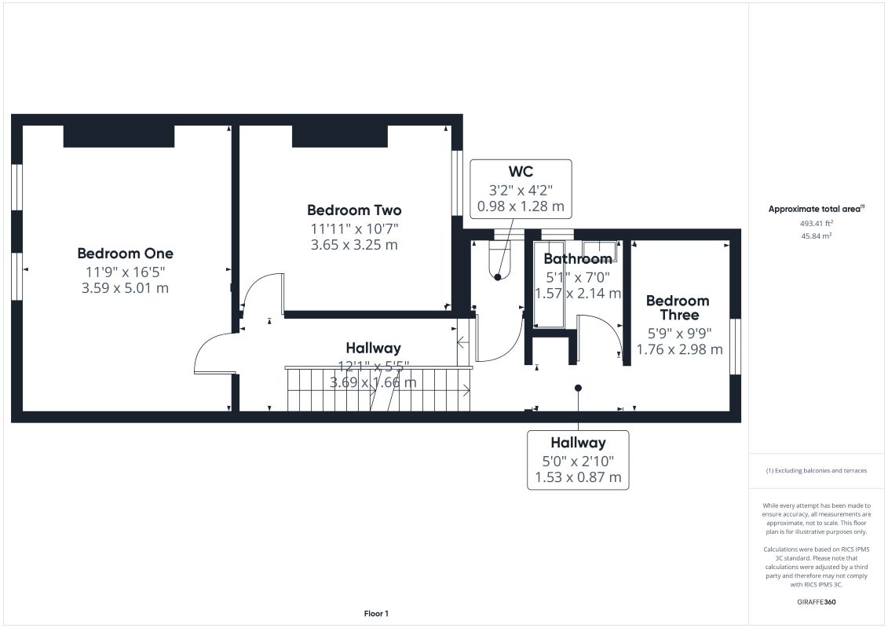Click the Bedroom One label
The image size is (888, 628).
coord(125,253)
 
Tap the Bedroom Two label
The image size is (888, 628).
coord(354,210)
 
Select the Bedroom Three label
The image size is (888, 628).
coord(678,308)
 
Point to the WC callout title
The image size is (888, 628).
coord(521,171)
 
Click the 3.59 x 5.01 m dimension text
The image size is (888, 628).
coord(125,287)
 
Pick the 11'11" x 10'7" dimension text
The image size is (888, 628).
coord(355,228)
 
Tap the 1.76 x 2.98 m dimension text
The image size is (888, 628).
coord(680,349)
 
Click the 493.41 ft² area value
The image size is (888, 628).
coord(816,223)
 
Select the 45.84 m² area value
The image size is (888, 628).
coord(816,235)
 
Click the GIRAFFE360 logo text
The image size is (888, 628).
coord(816,602)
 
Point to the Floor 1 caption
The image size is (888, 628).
coord(376,613)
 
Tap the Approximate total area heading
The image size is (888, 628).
coord(816,209)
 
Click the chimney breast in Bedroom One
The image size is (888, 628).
coord(119,136)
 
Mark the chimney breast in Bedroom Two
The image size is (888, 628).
coord(340,136)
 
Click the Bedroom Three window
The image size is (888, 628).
coord(735,346)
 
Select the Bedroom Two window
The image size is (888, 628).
coord(457,183)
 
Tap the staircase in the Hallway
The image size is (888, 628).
coord(378,389)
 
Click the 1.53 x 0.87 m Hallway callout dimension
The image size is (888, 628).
coord(578,477)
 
